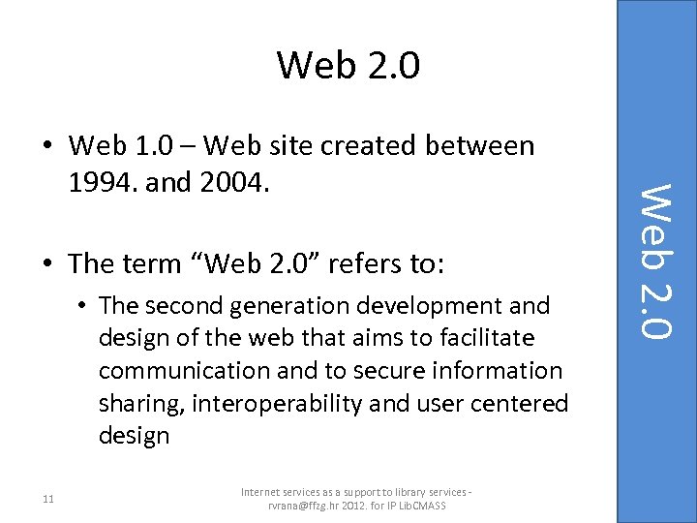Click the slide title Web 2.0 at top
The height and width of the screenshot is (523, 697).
[348, 65]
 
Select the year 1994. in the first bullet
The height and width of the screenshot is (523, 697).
[102, 178]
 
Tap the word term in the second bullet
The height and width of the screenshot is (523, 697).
[149, 263]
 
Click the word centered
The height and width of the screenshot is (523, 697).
[522, 403]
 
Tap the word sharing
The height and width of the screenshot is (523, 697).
[140, 403]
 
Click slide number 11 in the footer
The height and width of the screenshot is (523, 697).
[48, 499]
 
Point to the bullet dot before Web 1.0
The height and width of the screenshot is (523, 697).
[47, 147]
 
